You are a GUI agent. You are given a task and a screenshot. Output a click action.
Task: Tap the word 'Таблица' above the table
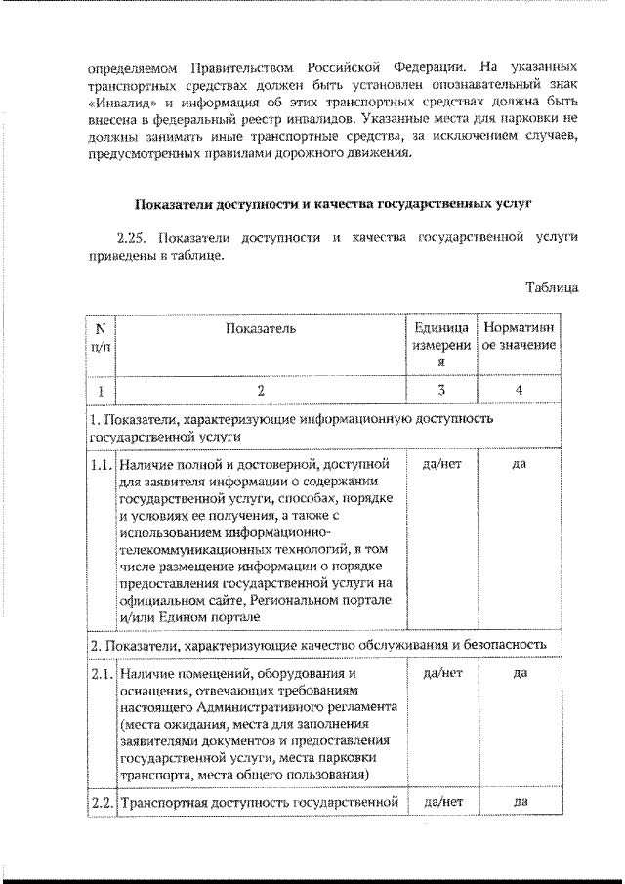click(x=552, y=288)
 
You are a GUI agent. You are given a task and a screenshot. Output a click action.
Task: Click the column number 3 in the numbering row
click(x=441, y=390)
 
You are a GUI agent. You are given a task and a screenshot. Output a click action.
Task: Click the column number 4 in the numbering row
click(x=520, y=390)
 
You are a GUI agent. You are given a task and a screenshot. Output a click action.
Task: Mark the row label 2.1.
click(x=101, y=673)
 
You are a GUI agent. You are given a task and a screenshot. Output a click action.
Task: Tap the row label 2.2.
click(x=101, y=802)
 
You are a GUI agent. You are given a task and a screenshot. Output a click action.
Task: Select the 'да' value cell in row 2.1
click(x=520, y=673)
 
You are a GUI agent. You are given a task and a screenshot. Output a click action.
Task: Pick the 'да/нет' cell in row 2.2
click(x=441, y=802)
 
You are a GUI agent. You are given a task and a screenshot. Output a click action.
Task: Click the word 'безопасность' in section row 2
click(x=520, y=646)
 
